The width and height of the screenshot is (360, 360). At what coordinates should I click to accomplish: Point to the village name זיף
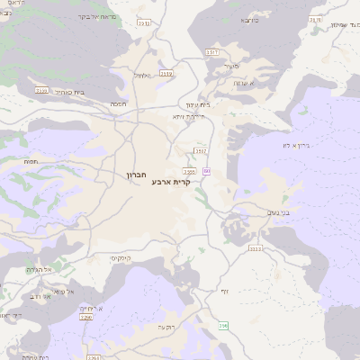(224, 290)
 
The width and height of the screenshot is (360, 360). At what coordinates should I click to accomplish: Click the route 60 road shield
(207, 170)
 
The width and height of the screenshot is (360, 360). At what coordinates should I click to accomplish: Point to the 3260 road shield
(86, 317)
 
